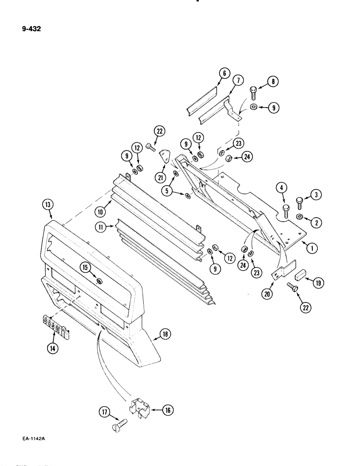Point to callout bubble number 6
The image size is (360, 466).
[224, 73]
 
